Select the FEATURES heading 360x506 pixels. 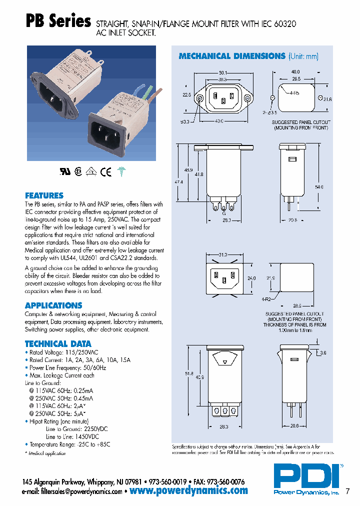tap(44, 195)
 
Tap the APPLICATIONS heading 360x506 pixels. tap(53, 305)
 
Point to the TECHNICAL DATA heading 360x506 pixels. tap(58, 344)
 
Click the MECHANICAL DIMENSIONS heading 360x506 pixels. tap(231, 56)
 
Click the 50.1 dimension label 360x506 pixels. tap(223, 72)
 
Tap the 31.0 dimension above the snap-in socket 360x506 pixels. tap(223, 255)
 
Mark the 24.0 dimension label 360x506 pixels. tap(251, 278)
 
